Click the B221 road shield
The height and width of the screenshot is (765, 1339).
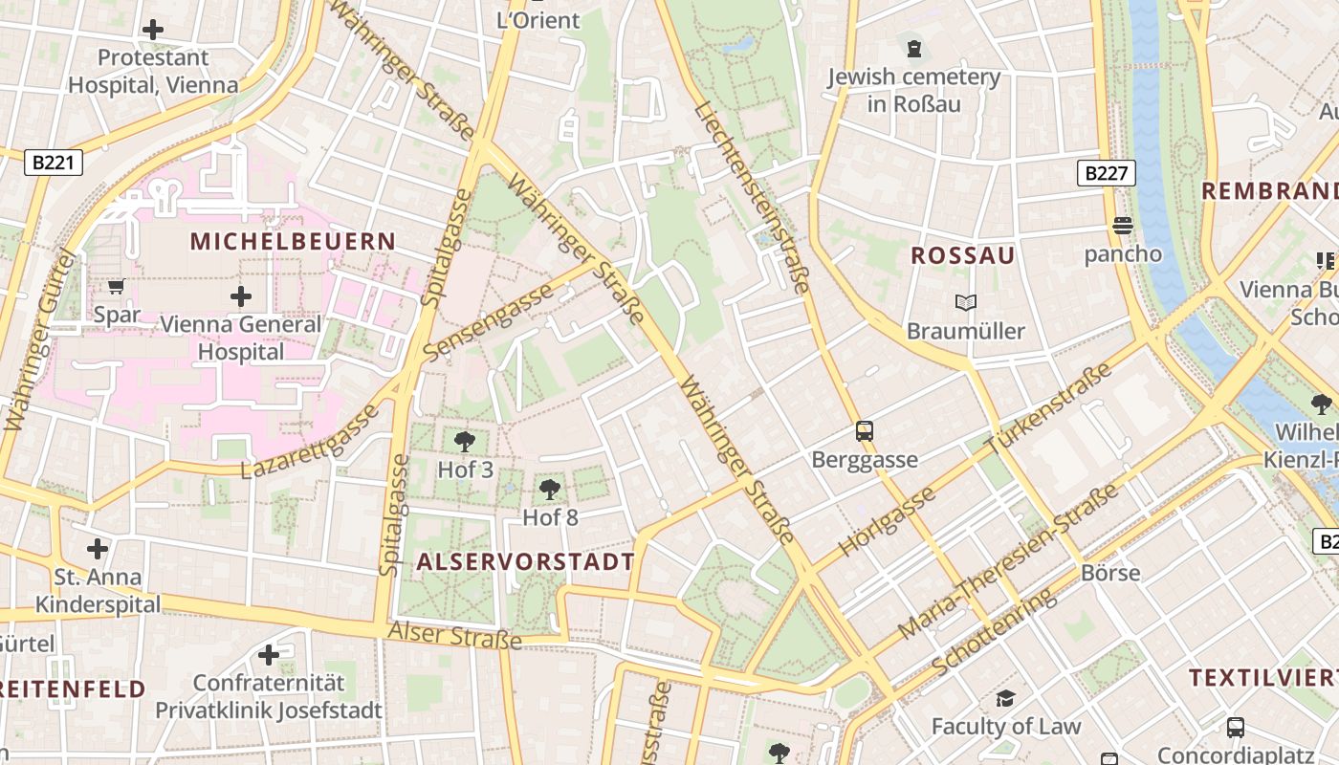point(53,163)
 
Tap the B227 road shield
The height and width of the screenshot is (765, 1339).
point(1107,173)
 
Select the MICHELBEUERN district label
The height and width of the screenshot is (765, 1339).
point(293,241)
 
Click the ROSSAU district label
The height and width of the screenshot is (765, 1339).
point(962,255)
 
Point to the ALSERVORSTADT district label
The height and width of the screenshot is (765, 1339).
point(525,561)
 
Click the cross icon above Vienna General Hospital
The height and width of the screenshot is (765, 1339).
point(241,296)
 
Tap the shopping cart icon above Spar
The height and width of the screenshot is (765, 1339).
point(117,287)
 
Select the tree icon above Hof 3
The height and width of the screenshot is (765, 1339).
point(465,442)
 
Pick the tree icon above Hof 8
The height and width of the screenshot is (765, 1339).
point(550,490)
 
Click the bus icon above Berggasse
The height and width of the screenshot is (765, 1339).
point(865,431)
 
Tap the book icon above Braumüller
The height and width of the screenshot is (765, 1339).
point(966,303)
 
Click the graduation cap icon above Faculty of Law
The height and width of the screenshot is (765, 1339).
point(1005,699)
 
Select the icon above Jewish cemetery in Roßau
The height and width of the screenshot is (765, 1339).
point(914,48)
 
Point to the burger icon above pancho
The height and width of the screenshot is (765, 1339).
point(1123,226)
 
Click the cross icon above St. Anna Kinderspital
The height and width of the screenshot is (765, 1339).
point(98,549)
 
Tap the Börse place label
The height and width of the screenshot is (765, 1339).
point(1110,573)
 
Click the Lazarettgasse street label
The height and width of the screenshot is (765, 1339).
point(310,441)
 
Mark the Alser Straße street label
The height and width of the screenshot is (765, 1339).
point(454,635)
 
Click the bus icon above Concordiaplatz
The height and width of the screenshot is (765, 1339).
point(1236,727)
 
